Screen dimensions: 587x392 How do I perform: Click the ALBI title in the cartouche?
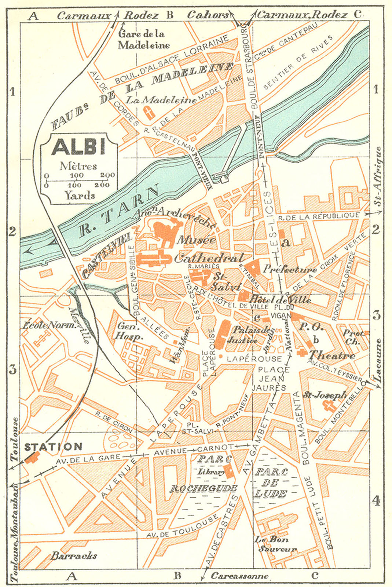(x=78, y=147)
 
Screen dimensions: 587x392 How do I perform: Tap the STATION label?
(x=54, y=447)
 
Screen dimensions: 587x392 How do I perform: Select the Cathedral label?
(x=209, y=258)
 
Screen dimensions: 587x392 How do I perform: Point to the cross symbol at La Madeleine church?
(x=149, y=113)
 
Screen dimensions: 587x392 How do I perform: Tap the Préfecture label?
(x=290, y=270)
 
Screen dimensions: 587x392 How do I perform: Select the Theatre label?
(x=332, y=355)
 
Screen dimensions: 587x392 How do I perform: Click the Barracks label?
(x=74, y=556)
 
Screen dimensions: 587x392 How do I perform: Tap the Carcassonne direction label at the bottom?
(x=240, y=576)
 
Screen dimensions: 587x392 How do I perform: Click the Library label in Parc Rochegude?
(x=212, y=472)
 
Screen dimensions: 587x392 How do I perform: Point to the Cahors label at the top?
(x=208, y=15)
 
